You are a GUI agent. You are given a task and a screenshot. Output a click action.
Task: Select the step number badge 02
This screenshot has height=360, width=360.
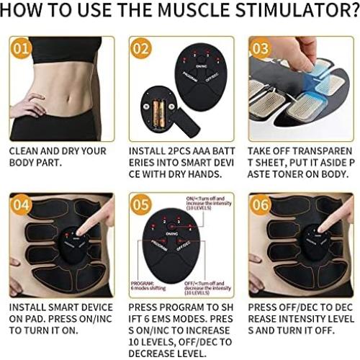click(142, 50)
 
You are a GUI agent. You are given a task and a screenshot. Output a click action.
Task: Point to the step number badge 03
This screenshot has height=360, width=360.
click(261, 50)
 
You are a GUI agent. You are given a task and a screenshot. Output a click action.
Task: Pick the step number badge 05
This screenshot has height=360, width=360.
click(142, 205)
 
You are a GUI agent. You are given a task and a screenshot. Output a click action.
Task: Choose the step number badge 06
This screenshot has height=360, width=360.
click(261, 205)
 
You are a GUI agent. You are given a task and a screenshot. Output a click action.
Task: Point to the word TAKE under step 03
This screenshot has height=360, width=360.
click(261, 152)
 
